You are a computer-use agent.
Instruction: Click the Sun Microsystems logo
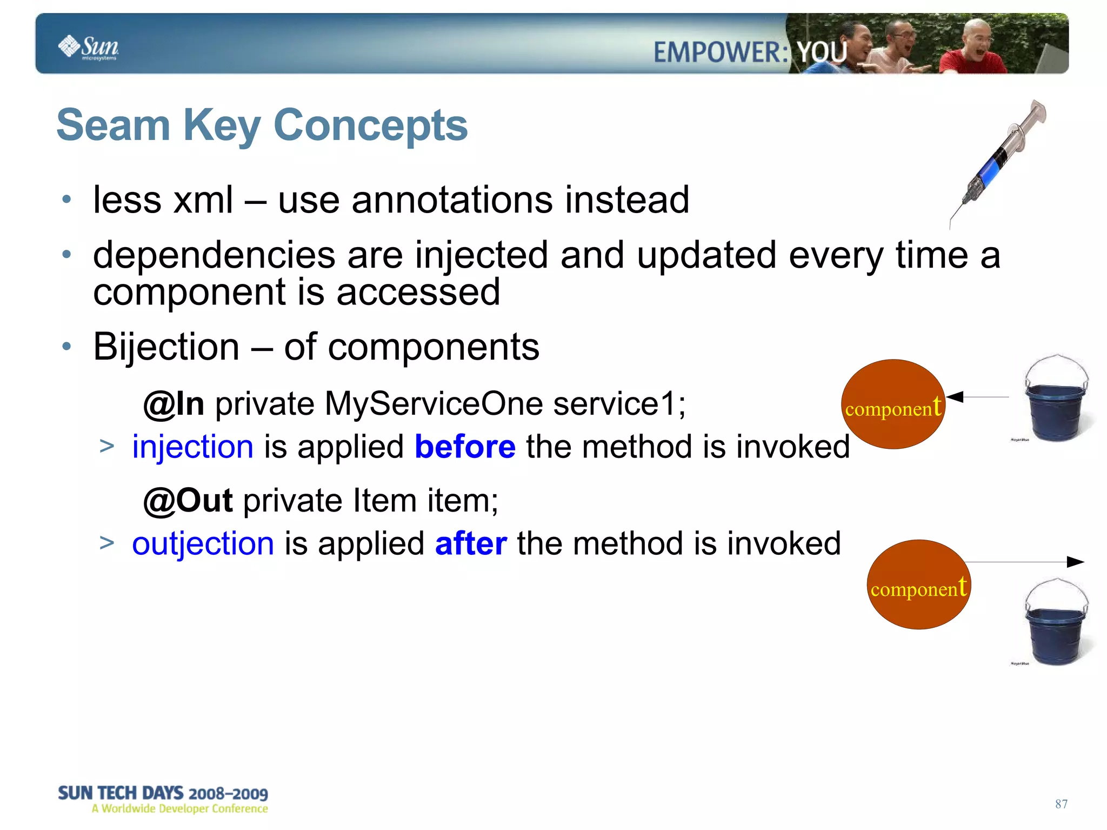coord(89,48)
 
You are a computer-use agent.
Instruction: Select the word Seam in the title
coord(113,125)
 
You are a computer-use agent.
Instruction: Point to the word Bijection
coord(166,347)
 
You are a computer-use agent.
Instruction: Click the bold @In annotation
coord(174,404)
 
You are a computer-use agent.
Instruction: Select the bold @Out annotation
coord(188,501)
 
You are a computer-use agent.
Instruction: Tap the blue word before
coord(465,447)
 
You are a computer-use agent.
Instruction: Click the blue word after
coord(471,544)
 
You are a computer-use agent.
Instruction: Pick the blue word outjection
coord(203,544)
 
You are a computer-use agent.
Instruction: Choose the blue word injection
coord(192,447)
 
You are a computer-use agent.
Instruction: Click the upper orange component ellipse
coord(893,404)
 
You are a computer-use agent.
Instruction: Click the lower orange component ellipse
coord(918,585)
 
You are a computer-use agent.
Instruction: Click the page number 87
coord(1061,804)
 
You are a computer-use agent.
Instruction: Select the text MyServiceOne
coord(434,404)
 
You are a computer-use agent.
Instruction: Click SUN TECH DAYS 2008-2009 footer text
coord(163,793)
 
